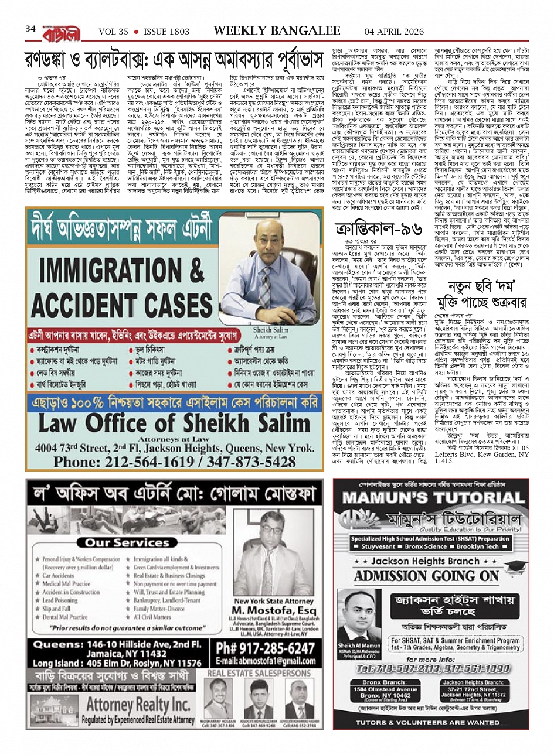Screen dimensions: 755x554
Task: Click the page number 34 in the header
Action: tap(30, 29)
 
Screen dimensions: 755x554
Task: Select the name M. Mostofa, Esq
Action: tap(266, 613)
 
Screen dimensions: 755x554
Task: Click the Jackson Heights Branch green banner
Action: tap(431, 561)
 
